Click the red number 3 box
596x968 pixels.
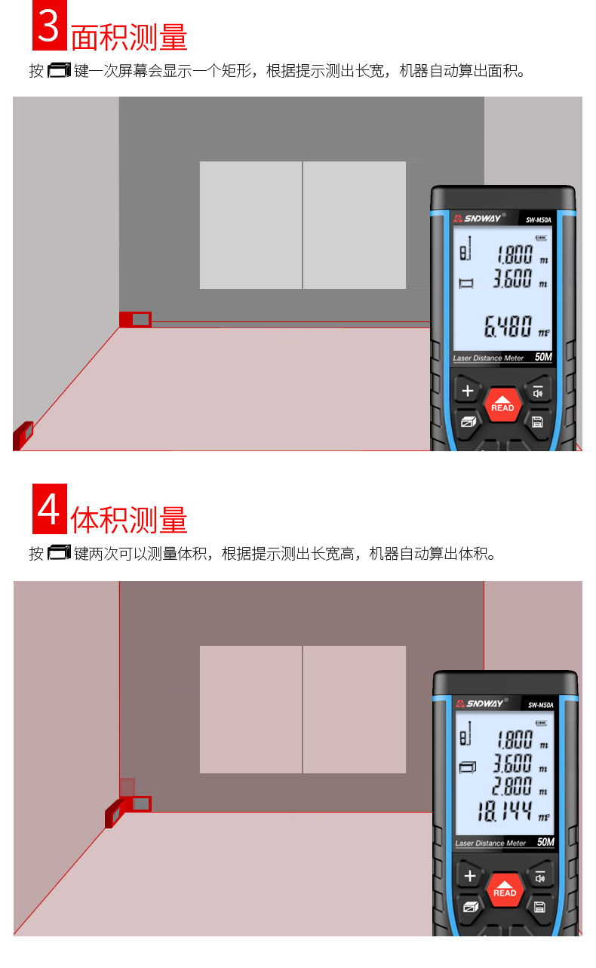[x=49, y=25]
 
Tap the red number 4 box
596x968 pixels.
[x=49, y=509]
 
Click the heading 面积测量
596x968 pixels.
[x=129, y=37]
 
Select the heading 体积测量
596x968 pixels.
[x=129, y=520]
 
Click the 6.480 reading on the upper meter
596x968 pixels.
[x=508, y=326]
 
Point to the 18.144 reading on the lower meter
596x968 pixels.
[x=505, y=811]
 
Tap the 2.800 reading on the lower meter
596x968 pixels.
[x=512, y=785]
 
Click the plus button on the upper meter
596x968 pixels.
[x=467, y=391]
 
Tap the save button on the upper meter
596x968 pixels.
[x=537, y=422]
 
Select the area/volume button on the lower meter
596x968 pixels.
[x=471, y=907]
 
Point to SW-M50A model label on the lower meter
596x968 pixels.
[x=541, y=705]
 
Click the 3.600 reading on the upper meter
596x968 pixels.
[x=512, y=278]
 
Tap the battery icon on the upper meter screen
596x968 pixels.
[x=541, y=238]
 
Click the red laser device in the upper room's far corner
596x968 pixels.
[x=135, y=319]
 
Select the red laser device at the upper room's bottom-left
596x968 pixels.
[x=23, y=435]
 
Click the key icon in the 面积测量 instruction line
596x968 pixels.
[x=59, y=70]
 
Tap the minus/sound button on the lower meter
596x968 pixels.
[x=540, y=876]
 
